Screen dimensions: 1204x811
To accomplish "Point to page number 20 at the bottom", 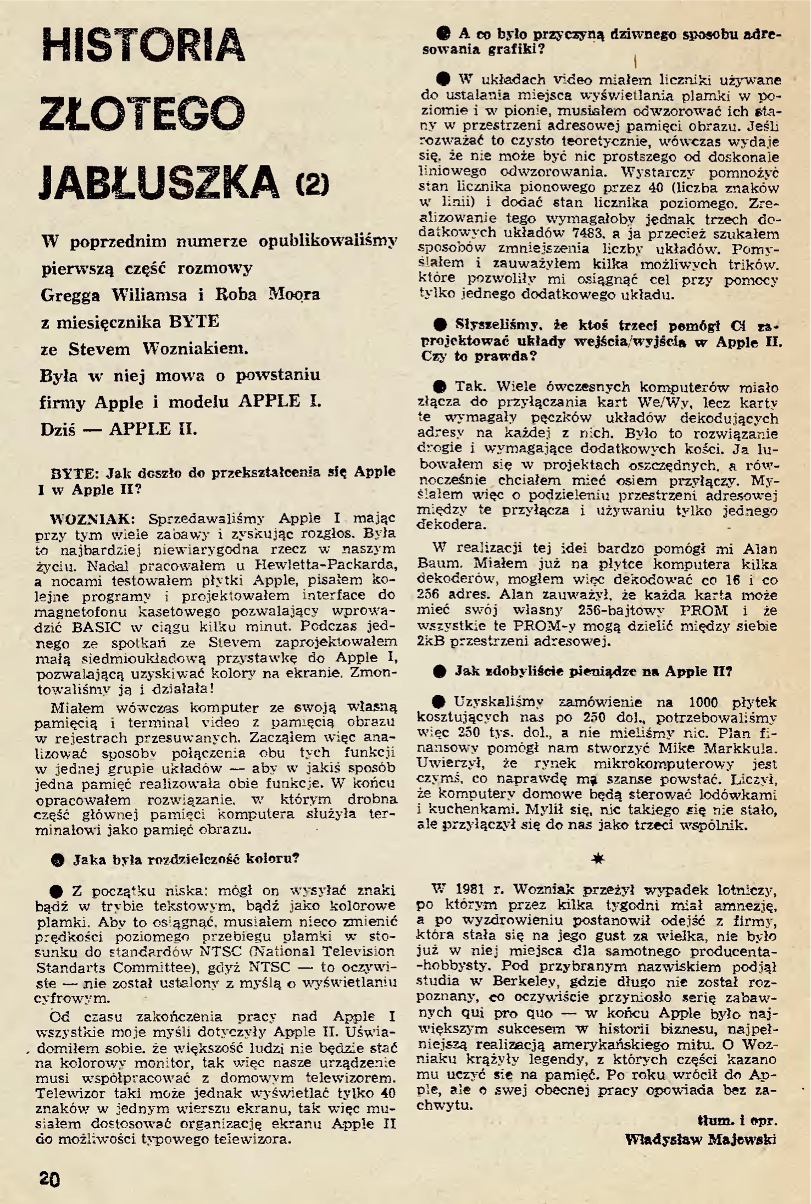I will click(x=49, y=1176).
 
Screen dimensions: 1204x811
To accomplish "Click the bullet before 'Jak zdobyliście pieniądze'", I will click(x=439, y=671).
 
